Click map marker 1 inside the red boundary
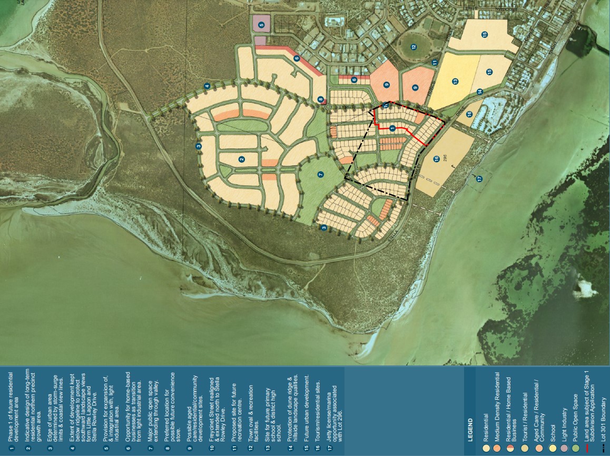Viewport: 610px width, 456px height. tap(392, 127)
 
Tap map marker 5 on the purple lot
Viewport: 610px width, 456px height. tap(261, 24)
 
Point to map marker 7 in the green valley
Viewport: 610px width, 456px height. tap(320, 173)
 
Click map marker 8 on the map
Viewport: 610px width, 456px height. tap(320, 98)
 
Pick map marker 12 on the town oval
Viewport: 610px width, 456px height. tap(414, 47)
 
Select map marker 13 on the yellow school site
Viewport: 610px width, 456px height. tap(455, 81)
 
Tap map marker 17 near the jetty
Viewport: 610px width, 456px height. tap(479, 179)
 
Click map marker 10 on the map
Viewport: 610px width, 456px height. tap(386, 105)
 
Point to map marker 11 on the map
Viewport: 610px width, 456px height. tap(435, 63)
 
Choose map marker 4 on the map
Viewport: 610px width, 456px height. tap(207, 86)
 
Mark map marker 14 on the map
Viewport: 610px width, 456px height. tap(480, 92)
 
